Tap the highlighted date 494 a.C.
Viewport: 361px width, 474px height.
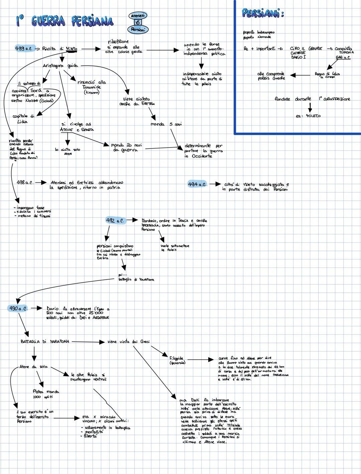point(197,184)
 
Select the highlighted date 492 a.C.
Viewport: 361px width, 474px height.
point(115,221)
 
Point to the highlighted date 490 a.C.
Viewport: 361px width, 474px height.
point(18,308)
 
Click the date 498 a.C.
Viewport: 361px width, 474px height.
point(25,183)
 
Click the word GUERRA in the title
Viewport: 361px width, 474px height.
point(48,21)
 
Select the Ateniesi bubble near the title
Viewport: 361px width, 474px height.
point(138,16)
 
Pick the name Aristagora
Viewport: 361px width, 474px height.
point(54,66)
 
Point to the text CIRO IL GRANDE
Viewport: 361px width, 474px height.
point(306,49)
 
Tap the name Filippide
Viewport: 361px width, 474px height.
point(176,358)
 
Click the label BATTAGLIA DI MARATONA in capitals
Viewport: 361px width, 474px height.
point(45,342)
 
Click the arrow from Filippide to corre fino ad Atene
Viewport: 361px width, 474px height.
point(200,360)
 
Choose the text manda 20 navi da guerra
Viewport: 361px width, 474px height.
point(126,148)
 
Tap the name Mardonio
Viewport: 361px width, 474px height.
point(149,221)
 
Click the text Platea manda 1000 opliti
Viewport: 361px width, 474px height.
point(46,394)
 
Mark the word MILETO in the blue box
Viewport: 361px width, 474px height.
point(313,116)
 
